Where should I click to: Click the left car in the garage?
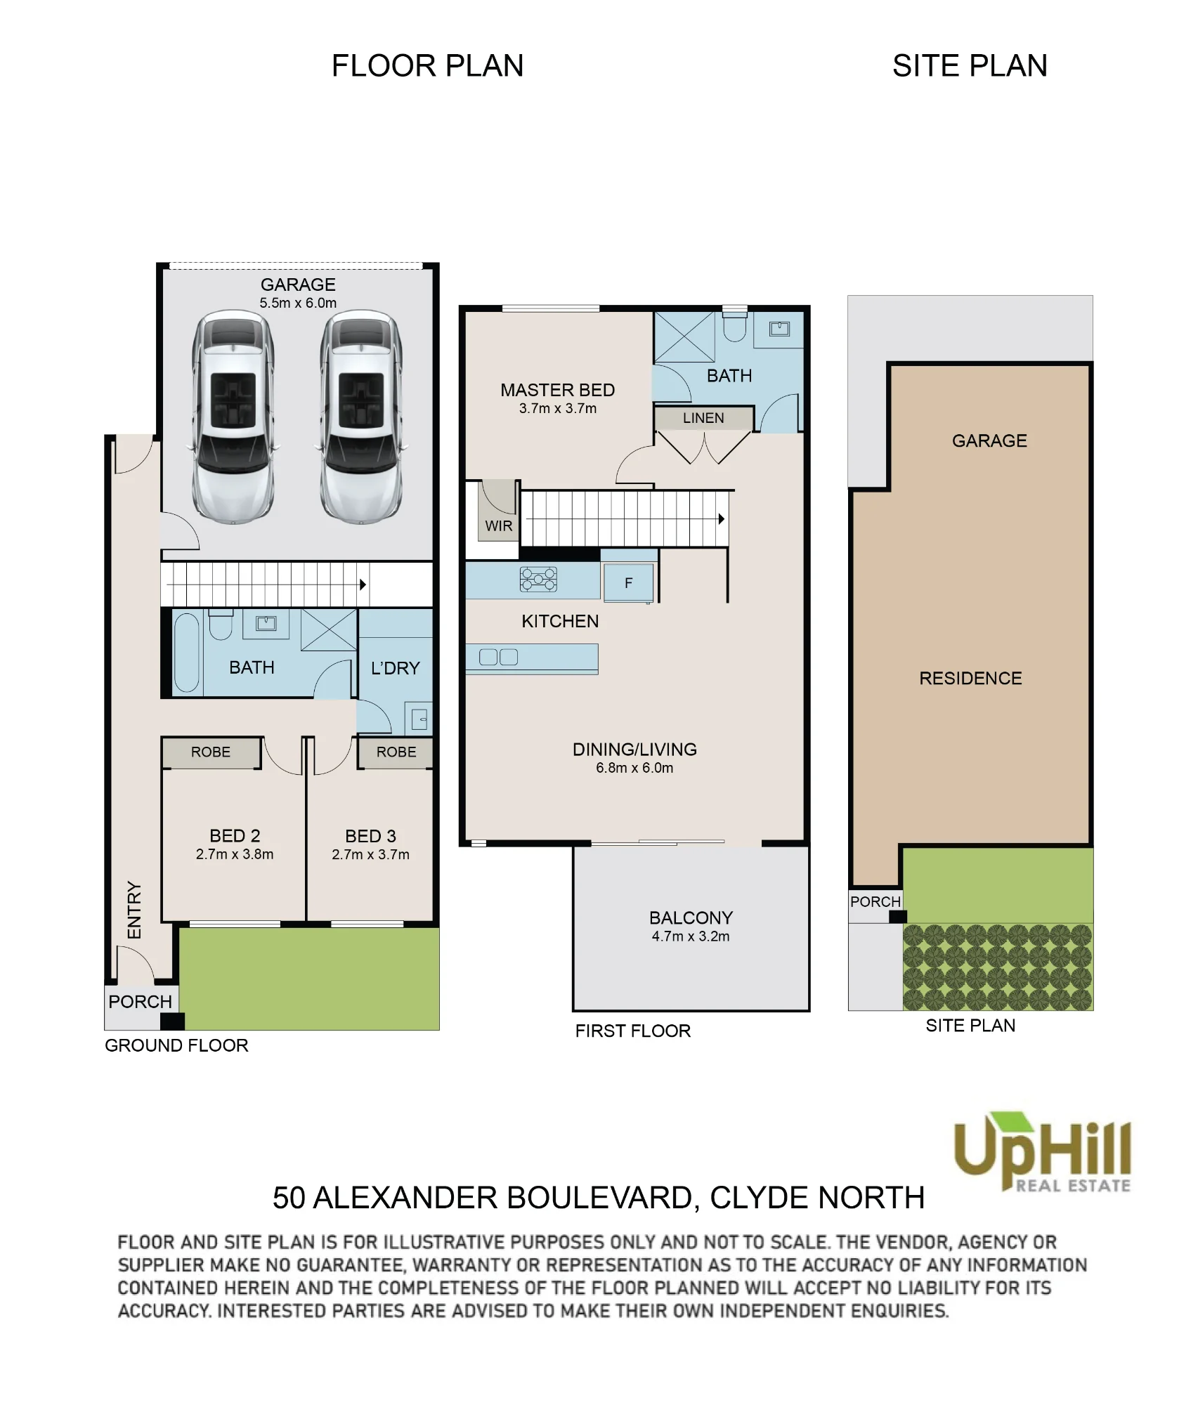(233, 417)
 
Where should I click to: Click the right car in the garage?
(361, 417)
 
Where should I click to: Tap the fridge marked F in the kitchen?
(628, 582)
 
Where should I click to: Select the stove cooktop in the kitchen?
(538, 580)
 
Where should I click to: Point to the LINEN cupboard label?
(703, 418)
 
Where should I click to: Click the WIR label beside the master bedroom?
(499, 526)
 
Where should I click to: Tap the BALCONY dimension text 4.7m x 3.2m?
(691, 936)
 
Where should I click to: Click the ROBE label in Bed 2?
(211, 752)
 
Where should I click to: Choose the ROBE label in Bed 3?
(396, 752)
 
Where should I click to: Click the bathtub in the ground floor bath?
(187, 653)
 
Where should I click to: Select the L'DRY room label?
(396, 668)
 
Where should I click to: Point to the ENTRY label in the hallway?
(134, 910)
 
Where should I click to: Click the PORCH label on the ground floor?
(141, 1002)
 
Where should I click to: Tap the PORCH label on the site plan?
(875, 902)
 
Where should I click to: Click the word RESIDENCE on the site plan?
(970, 679)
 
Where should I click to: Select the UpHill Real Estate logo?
(1043, 1153)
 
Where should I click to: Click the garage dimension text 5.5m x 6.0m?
(298, 303)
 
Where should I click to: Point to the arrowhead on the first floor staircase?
(721, 519)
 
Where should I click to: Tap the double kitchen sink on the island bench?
(498, 658)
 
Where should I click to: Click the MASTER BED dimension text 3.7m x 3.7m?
(558, 409)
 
